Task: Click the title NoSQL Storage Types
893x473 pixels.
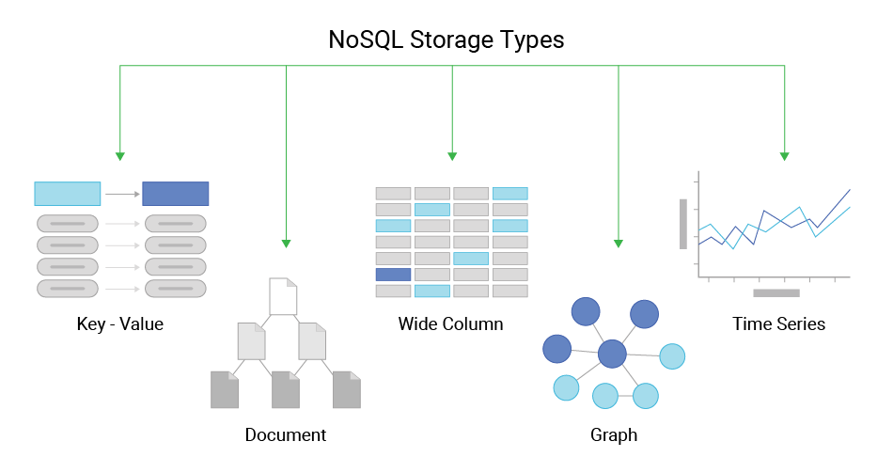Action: (446, 40)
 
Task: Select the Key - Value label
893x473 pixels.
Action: (120, 324)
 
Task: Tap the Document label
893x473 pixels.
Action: (286, 434)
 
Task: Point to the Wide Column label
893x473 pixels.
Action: (451, 324)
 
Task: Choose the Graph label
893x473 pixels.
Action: (614, 434)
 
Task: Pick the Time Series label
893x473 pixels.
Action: (778, 324)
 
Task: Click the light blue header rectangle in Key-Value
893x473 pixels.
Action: (68, 194)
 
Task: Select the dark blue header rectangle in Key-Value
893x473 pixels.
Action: (176, 194)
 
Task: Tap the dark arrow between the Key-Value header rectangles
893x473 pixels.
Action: (121, 195)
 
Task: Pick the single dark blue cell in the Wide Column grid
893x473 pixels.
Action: (393, 275)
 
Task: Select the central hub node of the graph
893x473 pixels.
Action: (612, 355)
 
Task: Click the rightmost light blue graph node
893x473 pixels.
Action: (672, 356)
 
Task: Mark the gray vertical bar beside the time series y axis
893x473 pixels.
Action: (683, 224)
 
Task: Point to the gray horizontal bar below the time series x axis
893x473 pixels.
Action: (776, 292)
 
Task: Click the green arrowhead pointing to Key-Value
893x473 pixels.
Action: (119, 155)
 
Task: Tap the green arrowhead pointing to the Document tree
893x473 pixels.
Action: (286, 243)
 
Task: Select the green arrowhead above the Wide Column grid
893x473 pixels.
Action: (452, 155)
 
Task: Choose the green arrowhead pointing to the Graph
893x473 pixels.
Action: (619, 243)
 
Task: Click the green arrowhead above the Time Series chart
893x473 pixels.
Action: (784, 155)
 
